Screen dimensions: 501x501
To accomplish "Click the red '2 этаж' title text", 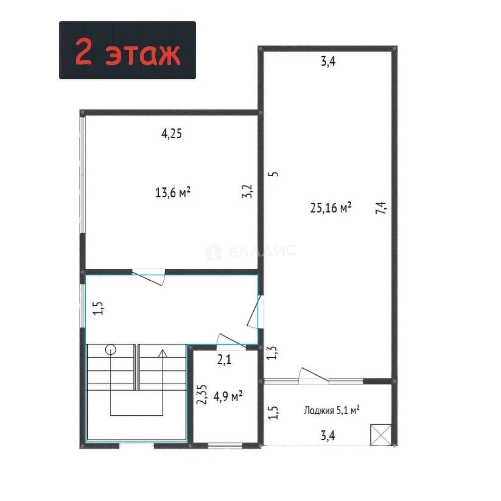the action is pos(128,51).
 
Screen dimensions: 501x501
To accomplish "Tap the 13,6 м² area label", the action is pos(173,193).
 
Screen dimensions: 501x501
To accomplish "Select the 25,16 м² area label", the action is pos(331,207).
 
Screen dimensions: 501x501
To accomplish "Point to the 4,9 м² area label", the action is pos(228,396).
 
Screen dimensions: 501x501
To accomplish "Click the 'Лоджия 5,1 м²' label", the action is pos(332,410).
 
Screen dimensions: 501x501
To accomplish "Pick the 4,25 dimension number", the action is pos(172,134).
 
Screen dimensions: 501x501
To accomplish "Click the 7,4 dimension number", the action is pos(381,207).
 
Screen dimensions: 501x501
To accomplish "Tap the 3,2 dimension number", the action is pos(247,192).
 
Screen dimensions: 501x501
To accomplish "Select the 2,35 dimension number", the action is pos(202,394).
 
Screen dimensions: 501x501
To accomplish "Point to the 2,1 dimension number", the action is pos(225,360).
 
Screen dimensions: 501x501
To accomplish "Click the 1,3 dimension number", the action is pos(272,353).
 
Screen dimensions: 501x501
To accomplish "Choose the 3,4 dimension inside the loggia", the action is pos(328,436).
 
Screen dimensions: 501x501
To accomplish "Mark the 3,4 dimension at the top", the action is pos(328,61).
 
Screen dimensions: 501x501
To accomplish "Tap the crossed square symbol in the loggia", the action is pos(381,435).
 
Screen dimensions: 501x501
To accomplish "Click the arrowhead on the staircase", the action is pos(163,353).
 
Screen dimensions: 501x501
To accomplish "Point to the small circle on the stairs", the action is pos(111,350).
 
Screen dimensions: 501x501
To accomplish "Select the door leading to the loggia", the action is pos(314,375).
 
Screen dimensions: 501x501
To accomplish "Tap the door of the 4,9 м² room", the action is pos(231,339).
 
